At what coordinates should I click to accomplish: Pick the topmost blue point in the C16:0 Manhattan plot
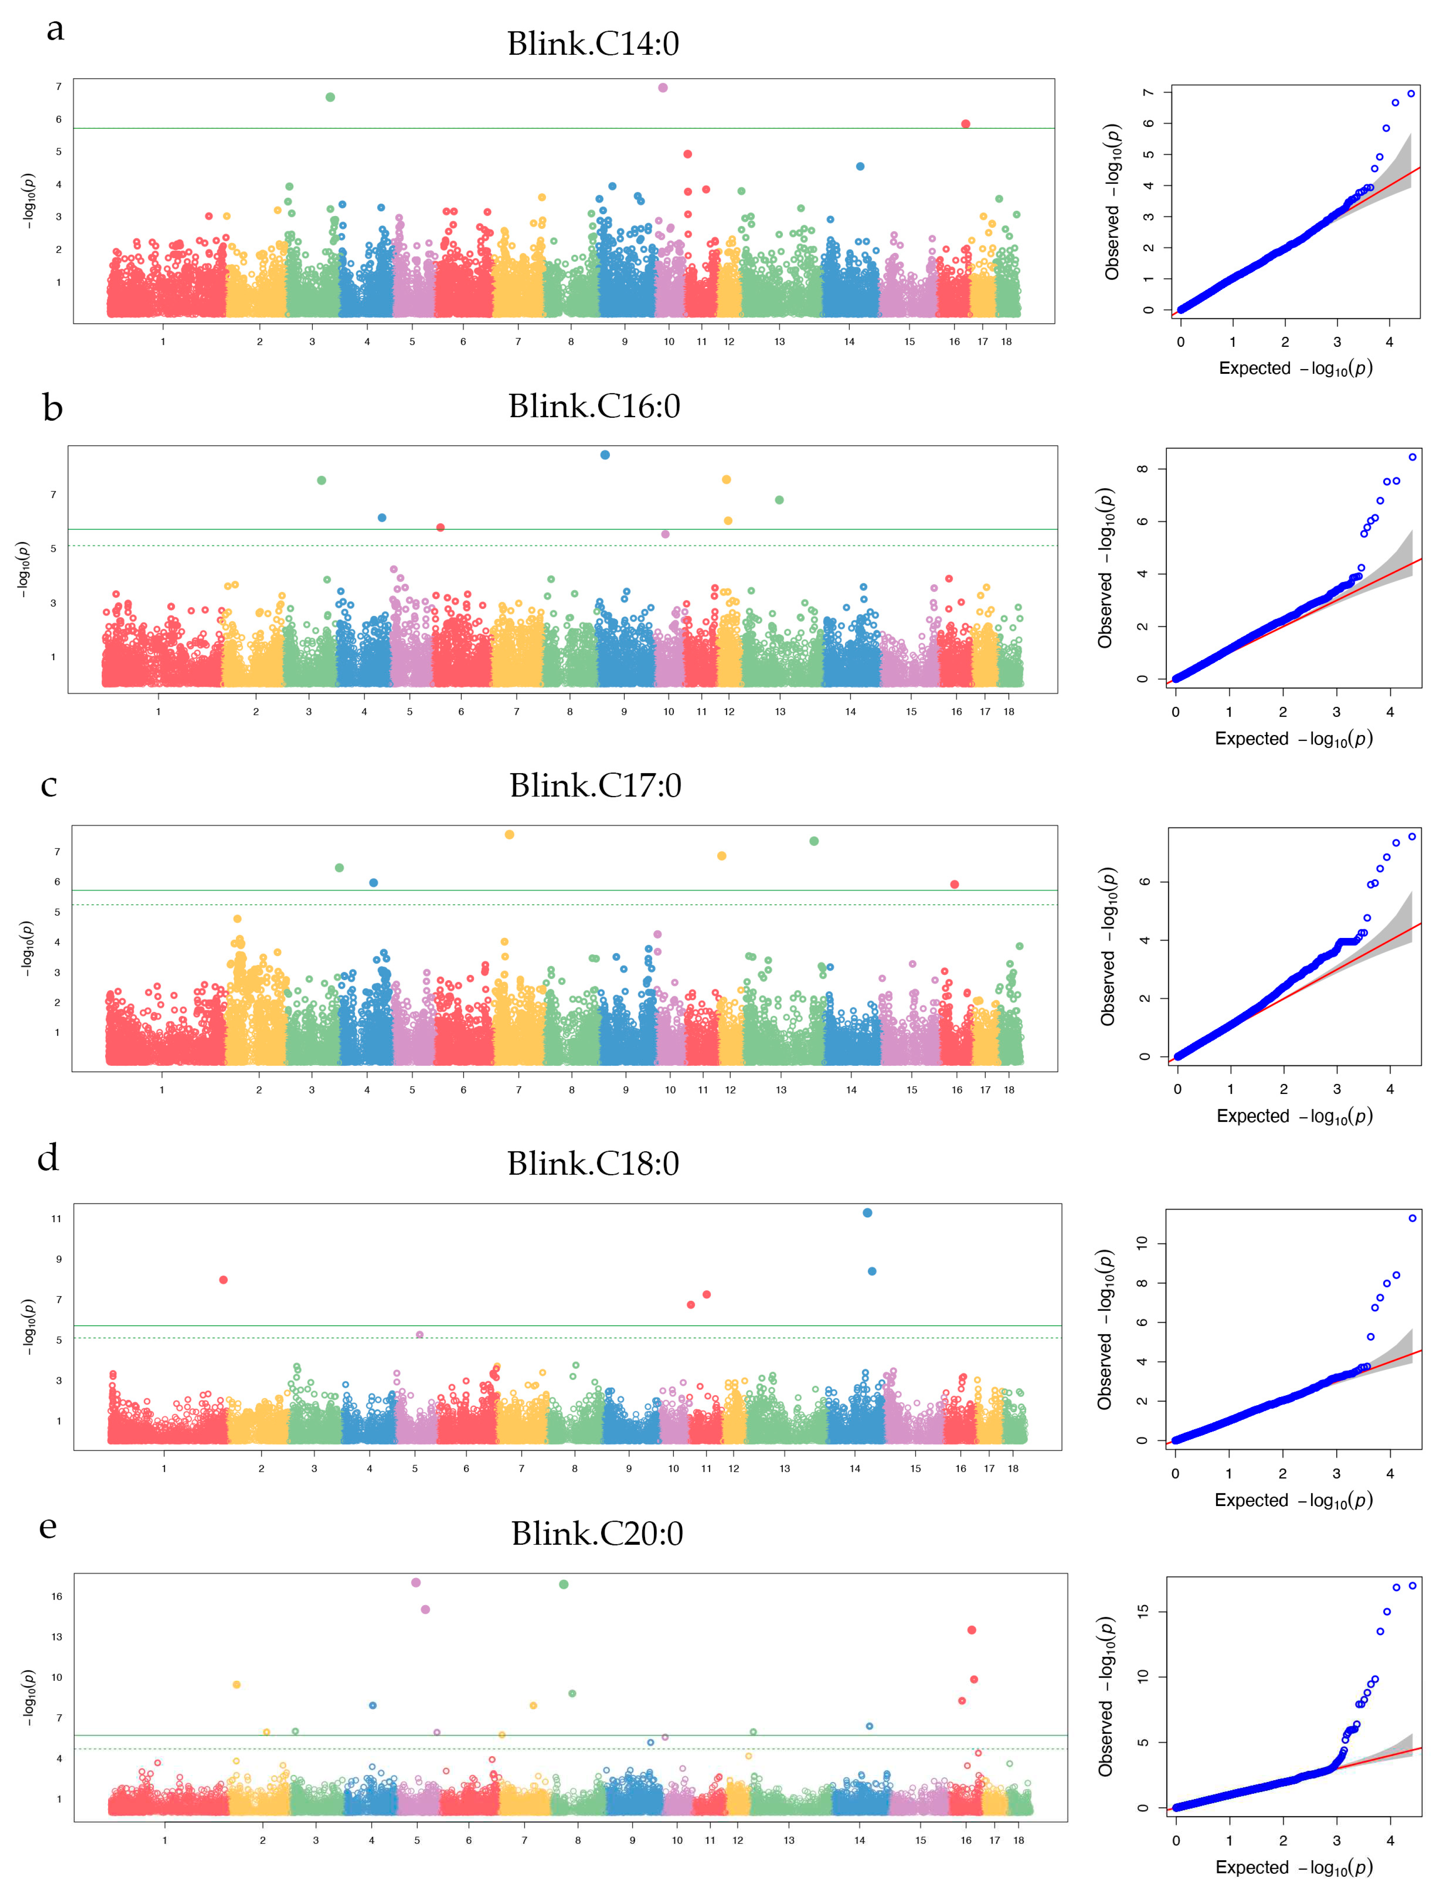click(605, 455)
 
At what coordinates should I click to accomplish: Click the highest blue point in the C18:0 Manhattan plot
click(867, 1212)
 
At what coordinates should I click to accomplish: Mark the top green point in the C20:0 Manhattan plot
click(563, 1584)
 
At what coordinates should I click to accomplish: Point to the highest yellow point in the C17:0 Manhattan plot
click(510, 834)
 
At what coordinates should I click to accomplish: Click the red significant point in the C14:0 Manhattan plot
click(966, 123)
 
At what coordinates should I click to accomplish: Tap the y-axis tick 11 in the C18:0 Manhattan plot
click(56, 1218)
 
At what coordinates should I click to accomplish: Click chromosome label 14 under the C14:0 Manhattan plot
click(849, 342)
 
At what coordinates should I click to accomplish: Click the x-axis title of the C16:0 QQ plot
click(1293, 739)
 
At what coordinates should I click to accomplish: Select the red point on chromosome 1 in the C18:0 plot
click(224, 1279)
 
